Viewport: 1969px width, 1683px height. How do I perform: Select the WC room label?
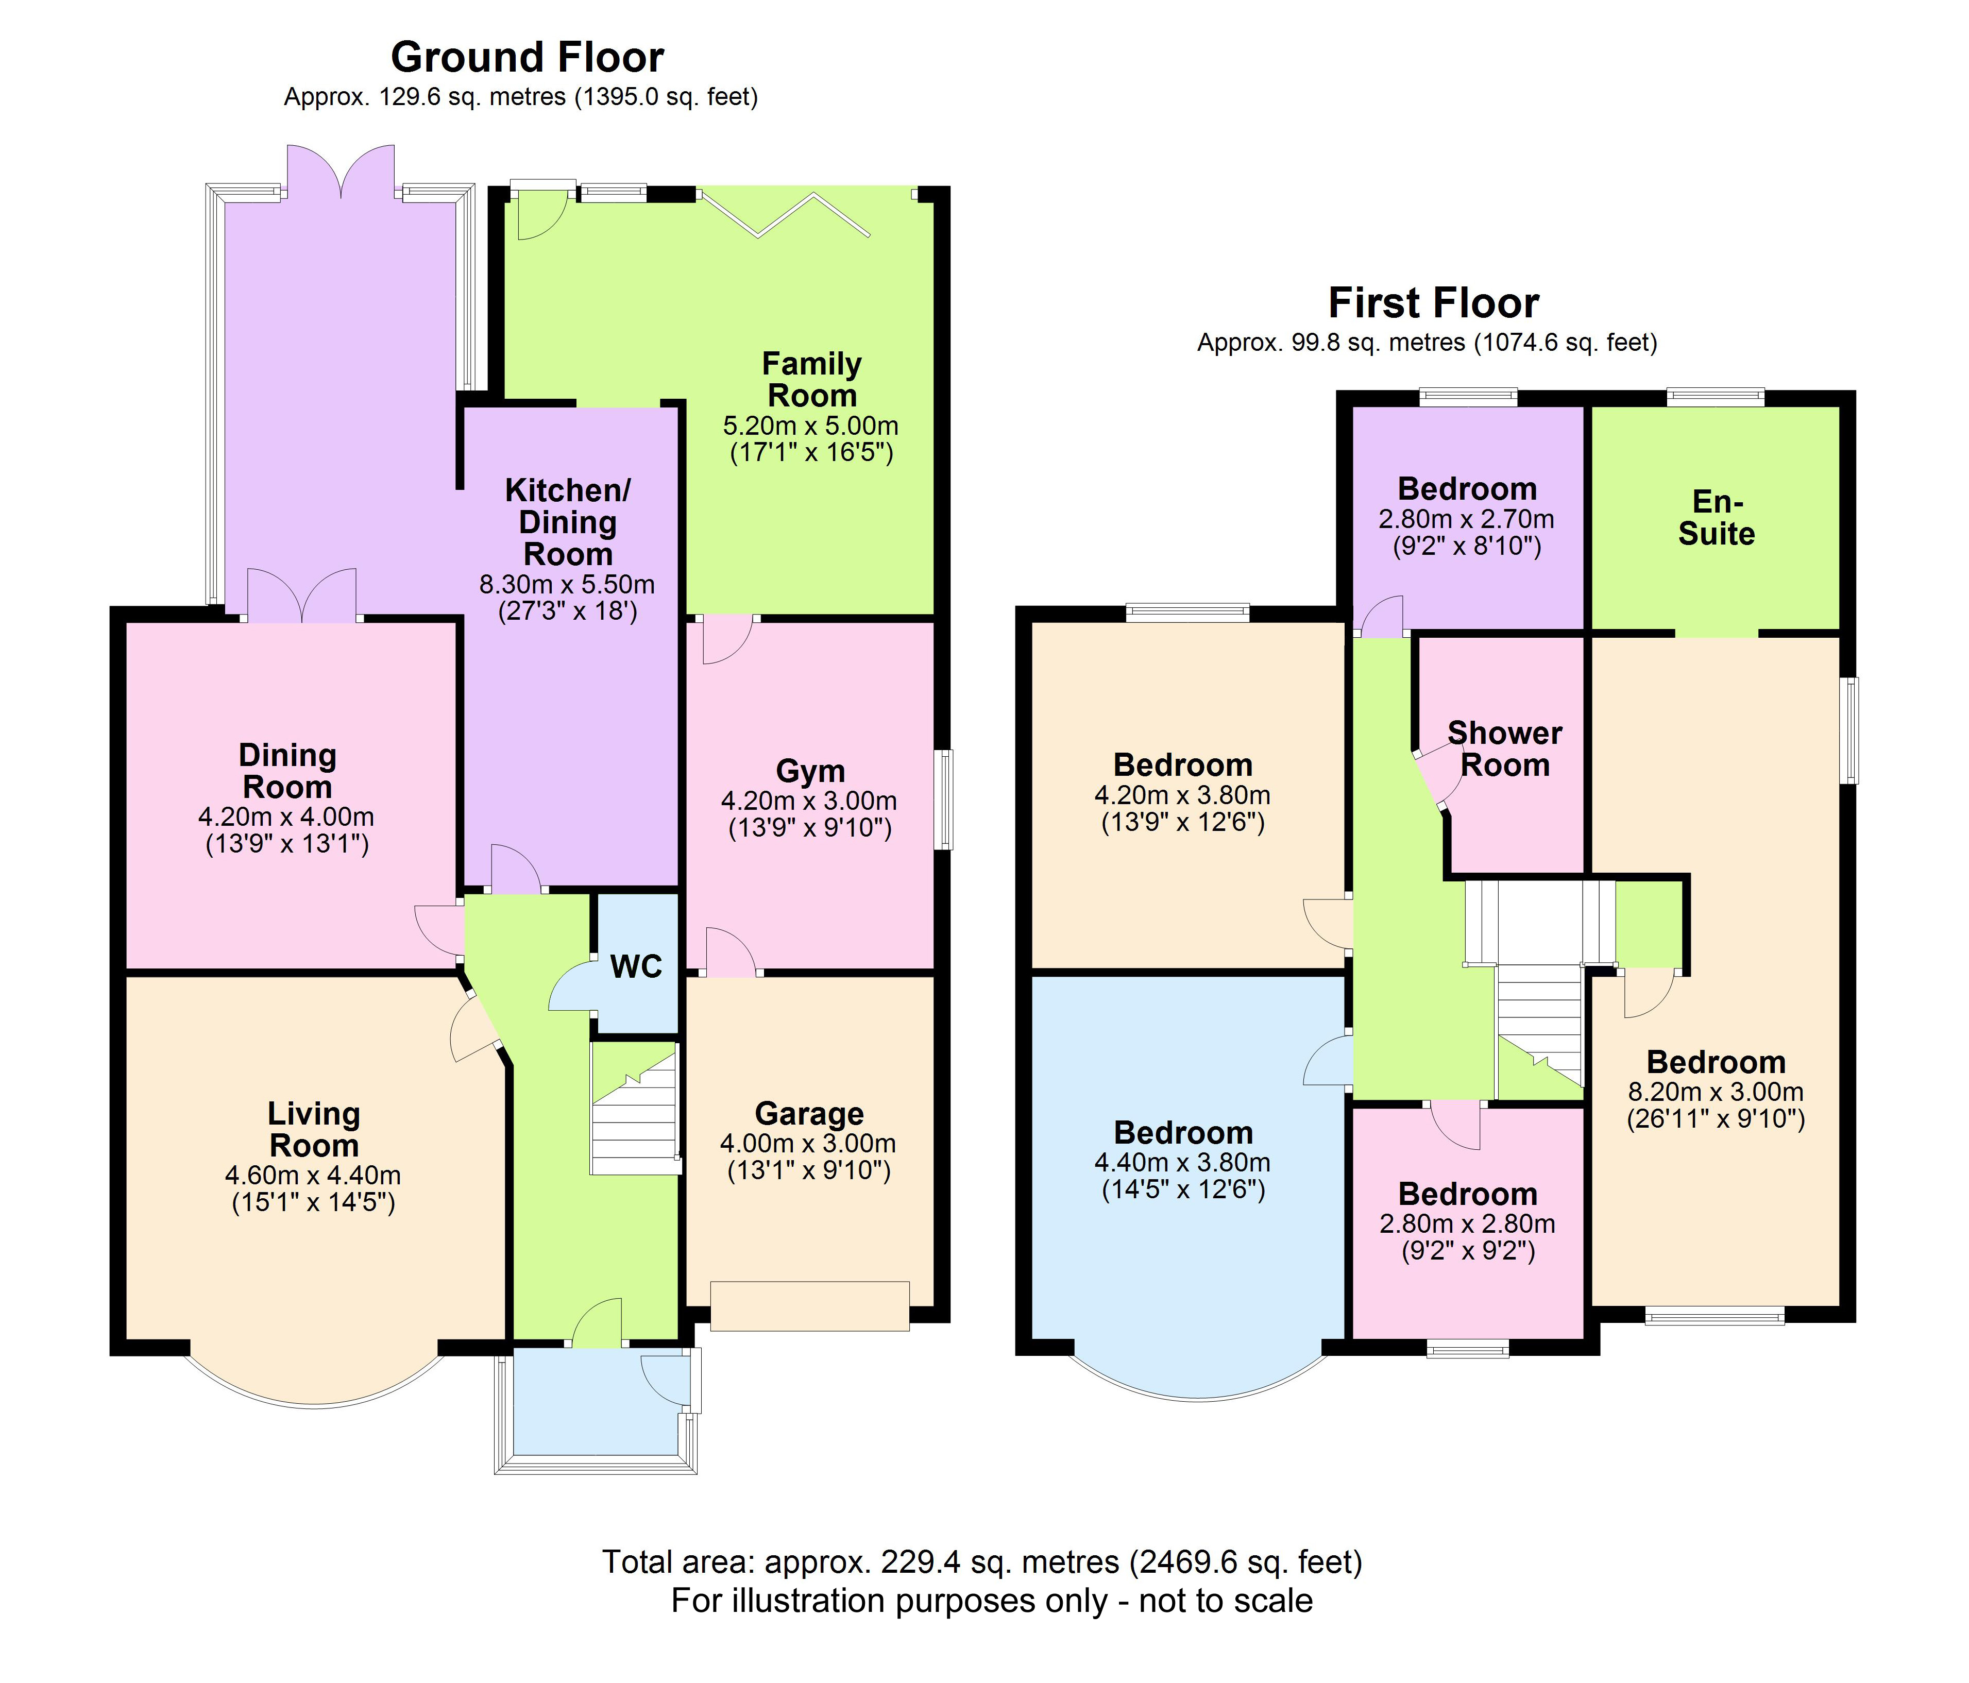636,966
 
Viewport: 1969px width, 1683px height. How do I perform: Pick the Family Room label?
811,379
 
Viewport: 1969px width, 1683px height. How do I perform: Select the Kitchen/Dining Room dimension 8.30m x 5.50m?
567,585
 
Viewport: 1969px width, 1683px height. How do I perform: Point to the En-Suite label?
1716,518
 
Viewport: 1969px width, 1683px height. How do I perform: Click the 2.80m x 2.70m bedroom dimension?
1466,520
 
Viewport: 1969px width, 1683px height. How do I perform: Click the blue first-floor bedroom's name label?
1183,1133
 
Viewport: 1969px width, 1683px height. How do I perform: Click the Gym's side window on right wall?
944,799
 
